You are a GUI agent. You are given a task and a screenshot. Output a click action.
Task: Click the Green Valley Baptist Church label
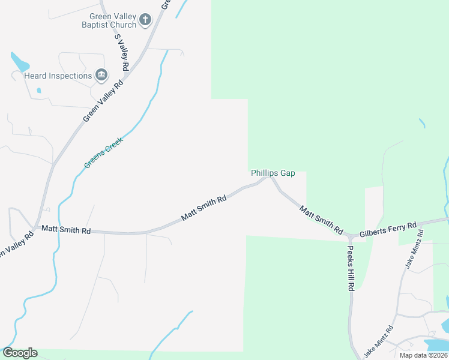[109, 21]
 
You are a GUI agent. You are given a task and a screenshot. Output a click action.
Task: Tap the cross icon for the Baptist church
[145, 20]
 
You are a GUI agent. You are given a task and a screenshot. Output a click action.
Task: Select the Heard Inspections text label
[58, 76]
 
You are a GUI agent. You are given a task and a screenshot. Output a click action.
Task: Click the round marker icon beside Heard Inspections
[101, 75]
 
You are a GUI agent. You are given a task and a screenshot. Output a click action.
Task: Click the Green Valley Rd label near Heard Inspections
[103, 101]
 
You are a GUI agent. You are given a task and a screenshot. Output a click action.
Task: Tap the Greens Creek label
[103, 152]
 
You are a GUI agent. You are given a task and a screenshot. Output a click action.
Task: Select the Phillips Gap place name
[273, 173]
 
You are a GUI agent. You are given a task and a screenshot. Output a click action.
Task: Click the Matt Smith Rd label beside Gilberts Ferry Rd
[321, 220]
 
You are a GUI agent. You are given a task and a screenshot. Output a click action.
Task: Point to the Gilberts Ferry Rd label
[388, 229]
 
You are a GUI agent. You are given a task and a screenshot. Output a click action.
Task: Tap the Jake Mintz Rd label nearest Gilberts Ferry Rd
[418, 254]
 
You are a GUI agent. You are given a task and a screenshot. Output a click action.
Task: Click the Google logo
[20, 353]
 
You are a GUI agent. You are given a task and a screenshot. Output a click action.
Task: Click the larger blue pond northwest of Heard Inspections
[19, 61]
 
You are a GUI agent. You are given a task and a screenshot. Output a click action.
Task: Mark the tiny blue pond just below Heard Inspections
[38, 91]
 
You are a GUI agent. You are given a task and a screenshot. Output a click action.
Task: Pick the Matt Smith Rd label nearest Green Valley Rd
[66, 230]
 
